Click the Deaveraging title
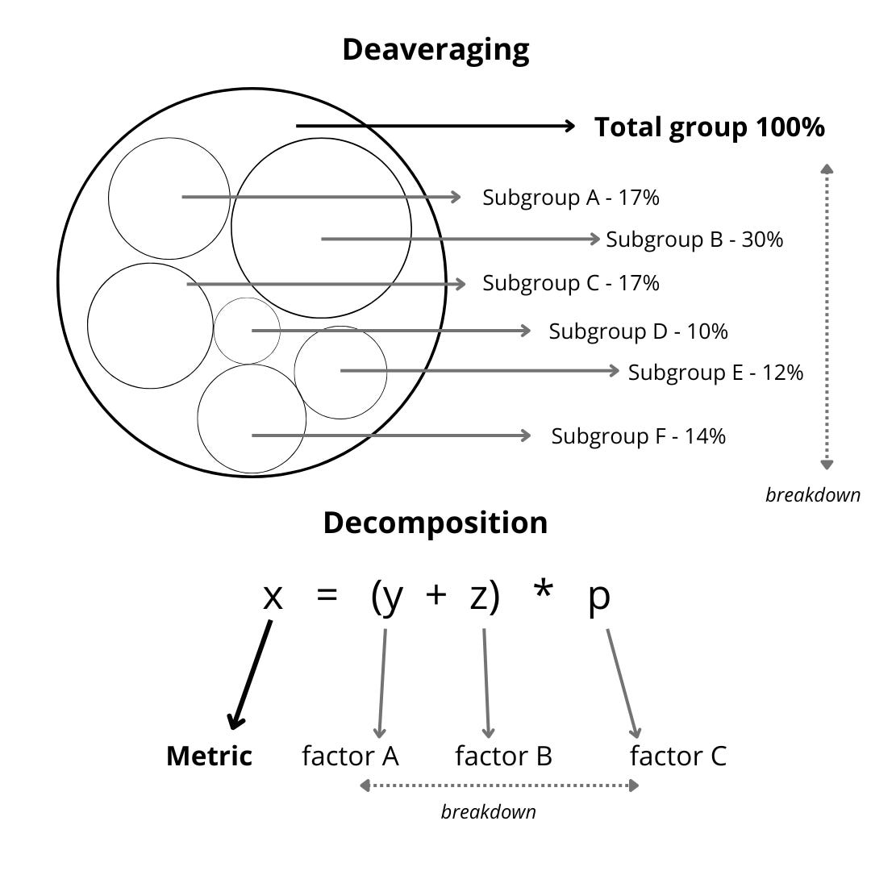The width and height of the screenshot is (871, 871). (x=435, y=50)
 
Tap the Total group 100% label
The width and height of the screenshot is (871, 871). (x=710, y=127)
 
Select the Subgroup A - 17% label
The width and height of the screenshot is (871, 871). (x=571, y=198)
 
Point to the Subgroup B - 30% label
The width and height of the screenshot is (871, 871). (x=694, y=240)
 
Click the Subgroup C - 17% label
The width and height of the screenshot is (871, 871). (x=571, y=284)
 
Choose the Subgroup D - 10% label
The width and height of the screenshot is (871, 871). (x=639, y=331)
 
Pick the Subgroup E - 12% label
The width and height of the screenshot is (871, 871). (x=715, y=373)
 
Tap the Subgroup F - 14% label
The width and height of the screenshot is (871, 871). (x=639, y=436)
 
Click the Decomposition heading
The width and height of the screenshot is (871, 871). (x=435, y=523)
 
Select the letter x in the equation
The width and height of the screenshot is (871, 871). (x=273, y=598)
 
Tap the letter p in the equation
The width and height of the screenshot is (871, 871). (x=599, y=600)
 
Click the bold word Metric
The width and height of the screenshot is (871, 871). (x=209, y=756)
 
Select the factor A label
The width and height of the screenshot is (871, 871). (x=350, y=756)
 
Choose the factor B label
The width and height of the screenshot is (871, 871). (x=503, y=756)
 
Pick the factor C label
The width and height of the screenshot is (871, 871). (x=677, y=756)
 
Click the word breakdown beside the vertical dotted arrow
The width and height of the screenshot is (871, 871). (x=813, y=495)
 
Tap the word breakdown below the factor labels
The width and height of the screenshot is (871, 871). (x=488, y=811)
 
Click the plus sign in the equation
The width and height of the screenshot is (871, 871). (x=435, y=597)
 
